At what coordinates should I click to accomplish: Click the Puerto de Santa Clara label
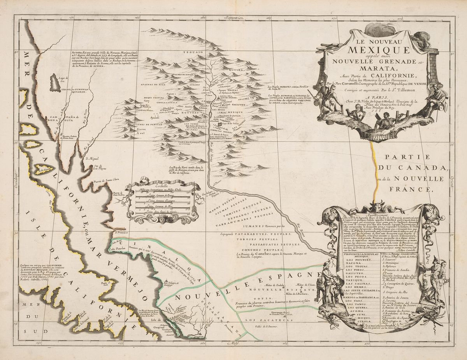pos(105,181)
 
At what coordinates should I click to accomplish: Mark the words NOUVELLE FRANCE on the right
pos(413,184)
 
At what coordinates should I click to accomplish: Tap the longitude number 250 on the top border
pos(72,17)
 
